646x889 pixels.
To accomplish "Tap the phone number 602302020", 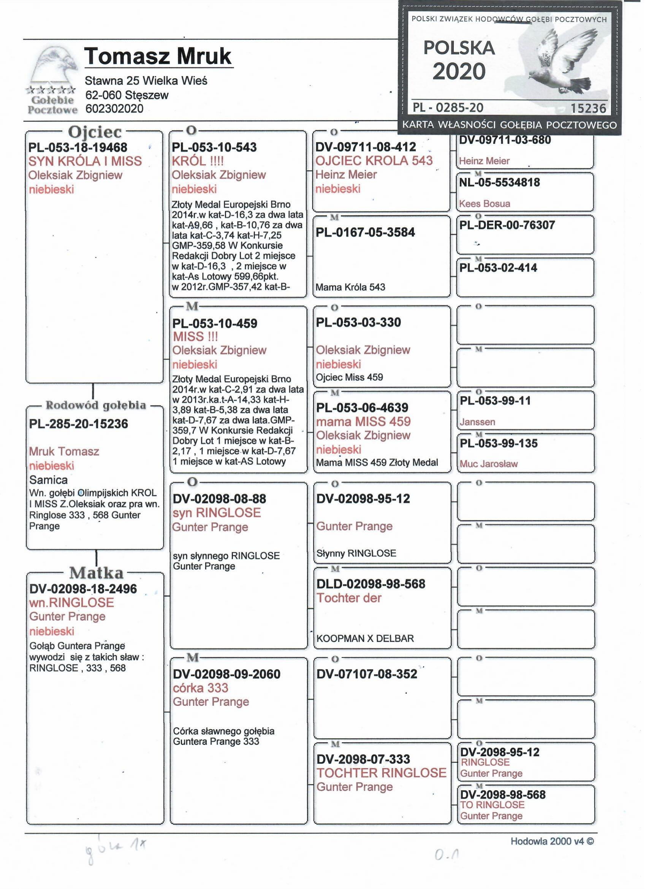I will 114,109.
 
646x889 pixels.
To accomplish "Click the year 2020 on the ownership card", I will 459,72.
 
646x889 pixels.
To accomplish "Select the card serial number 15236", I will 588,108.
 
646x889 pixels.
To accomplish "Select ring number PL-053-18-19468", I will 78,148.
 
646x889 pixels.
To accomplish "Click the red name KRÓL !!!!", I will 198,161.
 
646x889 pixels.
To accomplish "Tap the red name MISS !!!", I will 195,337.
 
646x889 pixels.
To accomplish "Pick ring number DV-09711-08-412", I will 365,147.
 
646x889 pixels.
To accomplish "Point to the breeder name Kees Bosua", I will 484,204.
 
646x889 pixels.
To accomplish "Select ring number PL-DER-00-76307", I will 507,225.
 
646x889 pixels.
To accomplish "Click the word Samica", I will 48,480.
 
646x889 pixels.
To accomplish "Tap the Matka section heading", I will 96,573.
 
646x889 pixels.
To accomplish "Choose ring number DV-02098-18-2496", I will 83,589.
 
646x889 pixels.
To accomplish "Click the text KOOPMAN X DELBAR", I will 365,639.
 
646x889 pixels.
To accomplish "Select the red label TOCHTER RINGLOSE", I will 382,773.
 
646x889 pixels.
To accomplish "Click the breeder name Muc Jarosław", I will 488,464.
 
